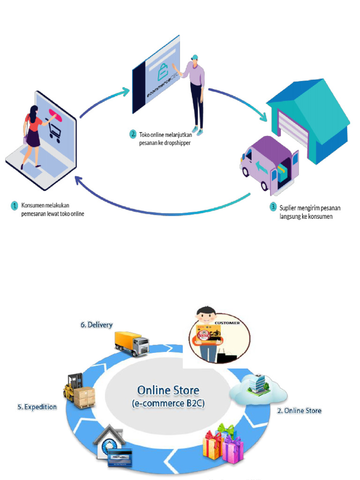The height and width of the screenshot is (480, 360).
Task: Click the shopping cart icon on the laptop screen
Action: (54, 132)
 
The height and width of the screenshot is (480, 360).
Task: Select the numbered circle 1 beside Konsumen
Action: (15, 205)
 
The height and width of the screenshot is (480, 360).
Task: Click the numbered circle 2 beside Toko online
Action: (133, 134)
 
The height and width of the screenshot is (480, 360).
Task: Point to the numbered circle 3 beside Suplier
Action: (273, 207)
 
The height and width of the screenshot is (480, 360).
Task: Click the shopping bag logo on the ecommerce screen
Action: (162, 72)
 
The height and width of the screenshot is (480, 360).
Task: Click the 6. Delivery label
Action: (96, 324)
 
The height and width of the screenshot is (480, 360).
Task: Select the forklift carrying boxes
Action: (79, 391)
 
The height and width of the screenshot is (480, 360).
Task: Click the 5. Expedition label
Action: (37, 407)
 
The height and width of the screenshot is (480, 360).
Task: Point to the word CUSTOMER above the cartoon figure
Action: (227, 323)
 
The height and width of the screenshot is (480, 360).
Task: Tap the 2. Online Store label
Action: (300, 411)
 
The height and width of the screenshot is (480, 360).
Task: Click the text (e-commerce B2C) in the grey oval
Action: (168, 403)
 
